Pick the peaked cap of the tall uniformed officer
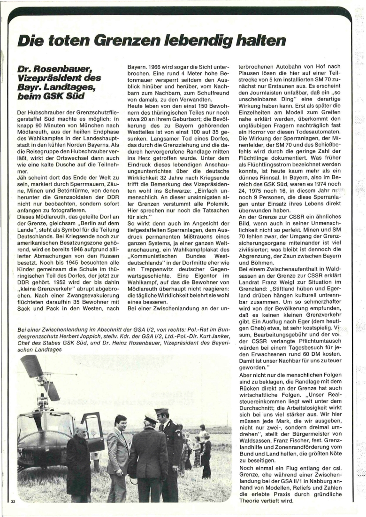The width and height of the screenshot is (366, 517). point(162,411)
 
